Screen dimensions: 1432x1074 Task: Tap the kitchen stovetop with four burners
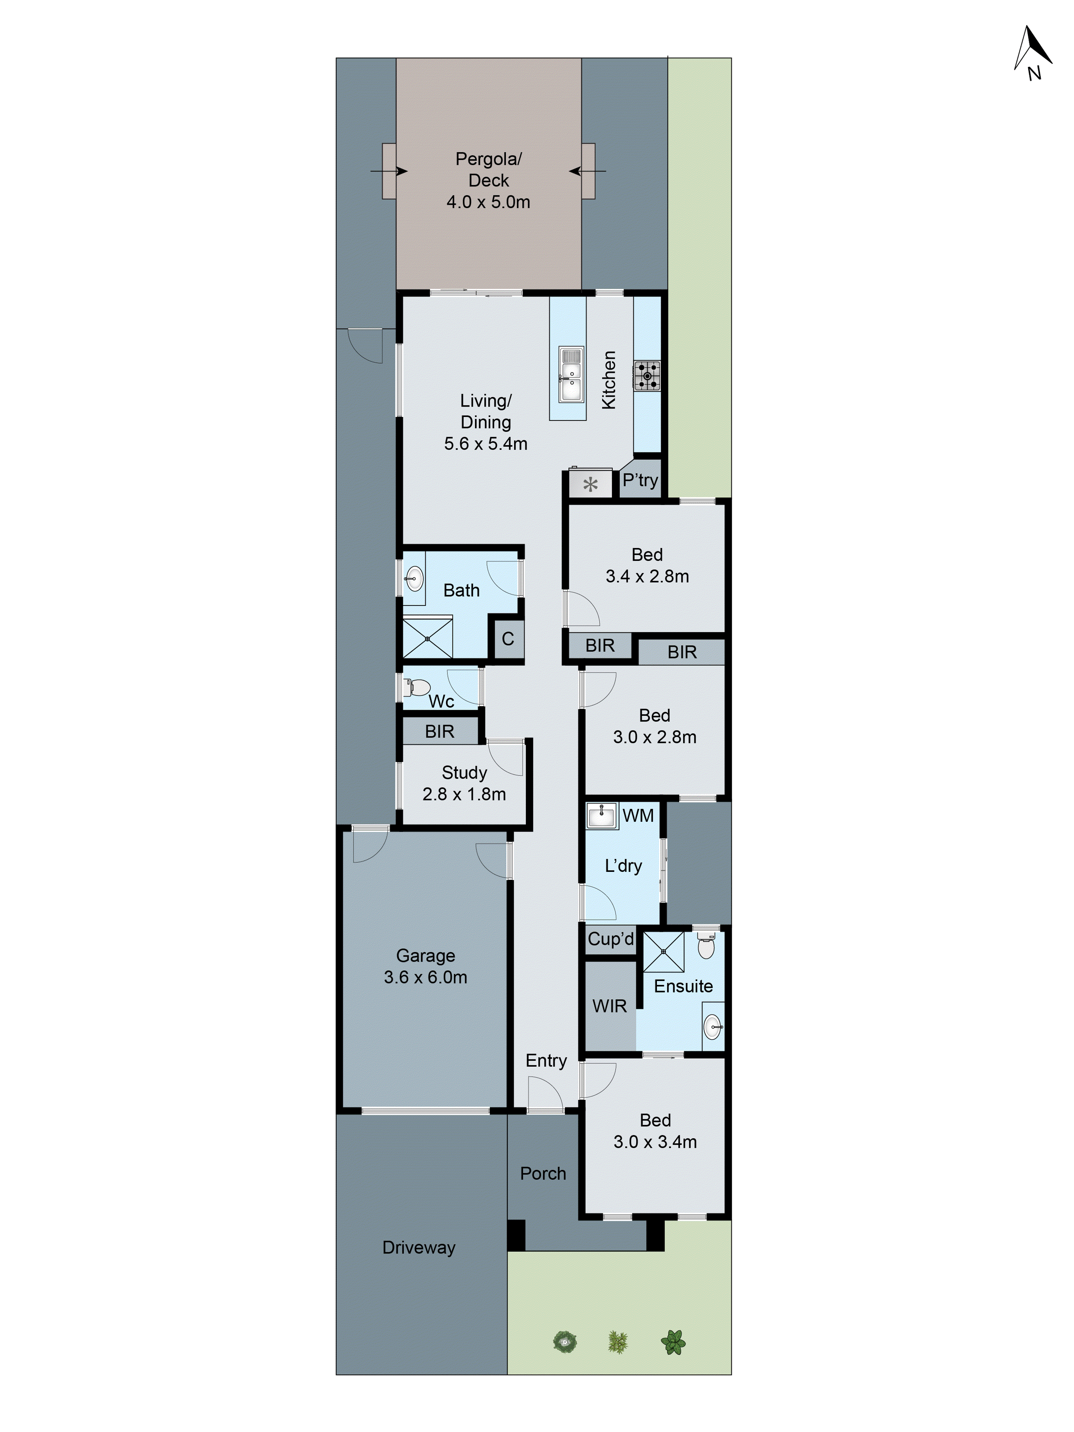pos(647,376)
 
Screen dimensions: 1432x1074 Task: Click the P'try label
pos(640,480)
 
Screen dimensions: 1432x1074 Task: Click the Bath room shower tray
pos(427,638)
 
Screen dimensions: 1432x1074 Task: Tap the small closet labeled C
pos(508,639)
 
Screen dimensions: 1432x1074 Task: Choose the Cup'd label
pos(610,939)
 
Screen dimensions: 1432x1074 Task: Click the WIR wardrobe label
pos(609,1006)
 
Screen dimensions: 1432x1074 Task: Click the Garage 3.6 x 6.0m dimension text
pos(425,977)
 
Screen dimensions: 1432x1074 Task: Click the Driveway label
pos(419,1248)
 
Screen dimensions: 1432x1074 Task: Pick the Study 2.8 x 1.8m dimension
pos(464,794)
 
